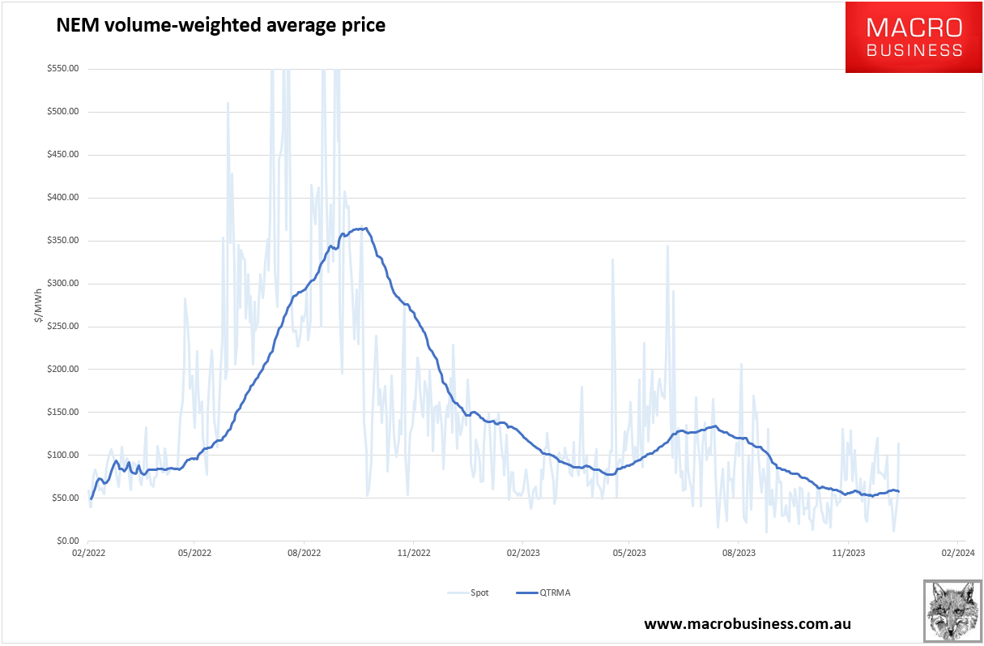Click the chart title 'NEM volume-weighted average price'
220,25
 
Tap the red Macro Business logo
914,37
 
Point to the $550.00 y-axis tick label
62,69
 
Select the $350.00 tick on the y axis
62,241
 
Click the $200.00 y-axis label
62,370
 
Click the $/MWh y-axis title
38,305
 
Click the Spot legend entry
469,593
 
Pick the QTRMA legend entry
543,593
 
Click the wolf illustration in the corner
952,610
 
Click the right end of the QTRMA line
898,491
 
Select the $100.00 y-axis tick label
62,456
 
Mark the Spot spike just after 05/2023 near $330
612,260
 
